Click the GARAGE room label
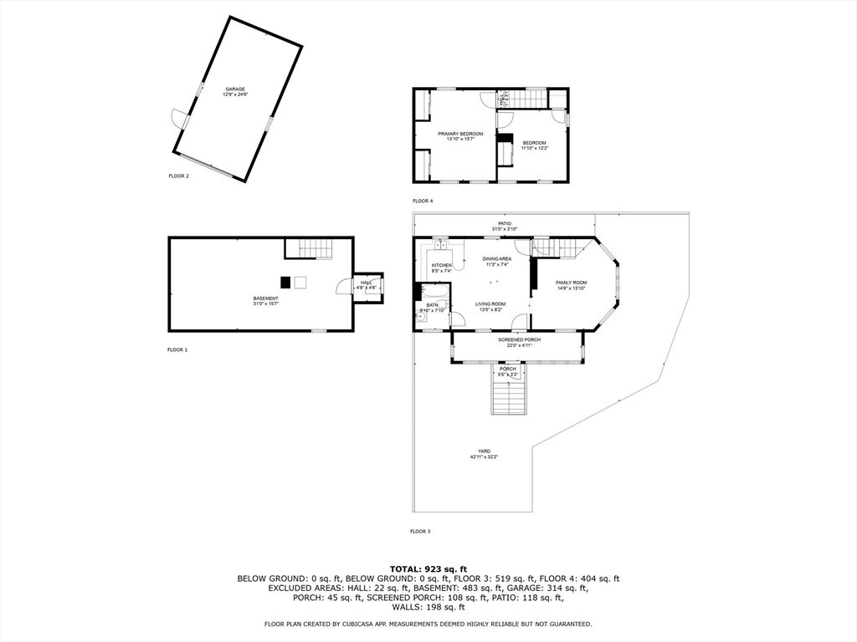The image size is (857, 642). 235,91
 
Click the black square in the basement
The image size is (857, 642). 285,282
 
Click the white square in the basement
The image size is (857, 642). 300,282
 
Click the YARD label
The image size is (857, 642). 484,453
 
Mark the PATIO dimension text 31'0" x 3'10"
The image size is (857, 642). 505,229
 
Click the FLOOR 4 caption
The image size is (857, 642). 423,201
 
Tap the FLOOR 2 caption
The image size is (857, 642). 178,176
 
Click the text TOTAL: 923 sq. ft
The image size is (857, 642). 428,568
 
